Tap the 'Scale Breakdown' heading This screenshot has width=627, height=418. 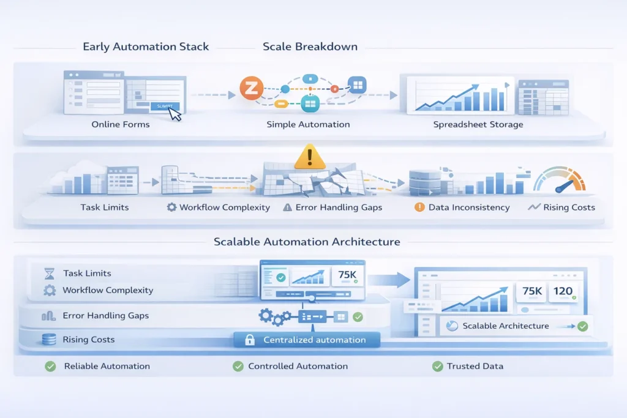[x=310, y=47]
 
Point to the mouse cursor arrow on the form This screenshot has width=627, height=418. [x=175, y=114]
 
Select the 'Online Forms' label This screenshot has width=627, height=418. [x=121, y=124]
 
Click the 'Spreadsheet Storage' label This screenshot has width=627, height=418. [x=478, y=124]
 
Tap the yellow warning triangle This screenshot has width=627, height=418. [x=309, y=157]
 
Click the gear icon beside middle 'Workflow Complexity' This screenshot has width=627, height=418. [x=171, y=207]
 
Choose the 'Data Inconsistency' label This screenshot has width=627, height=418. [x=469, y=207]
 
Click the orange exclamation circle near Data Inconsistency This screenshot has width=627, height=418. [x=419, y=207]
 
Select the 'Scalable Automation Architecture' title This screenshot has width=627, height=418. [x=307, y=242]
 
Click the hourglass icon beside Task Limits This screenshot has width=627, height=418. [x=50, y=274]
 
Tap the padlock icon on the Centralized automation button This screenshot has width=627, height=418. [x=250, y=340]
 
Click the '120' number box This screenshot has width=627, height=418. [x=563, y=292]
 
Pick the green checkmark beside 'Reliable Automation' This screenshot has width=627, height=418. [x=50, y=366]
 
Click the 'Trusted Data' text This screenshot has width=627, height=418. [x=476, y=366]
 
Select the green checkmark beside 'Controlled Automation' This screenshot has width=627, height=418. [x=238, y=366]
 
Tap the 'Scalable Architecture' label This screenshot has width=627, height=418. [x=506, y=326]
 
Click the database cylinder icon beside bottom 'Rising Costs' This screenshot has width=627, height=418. [x=50, y=340]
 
